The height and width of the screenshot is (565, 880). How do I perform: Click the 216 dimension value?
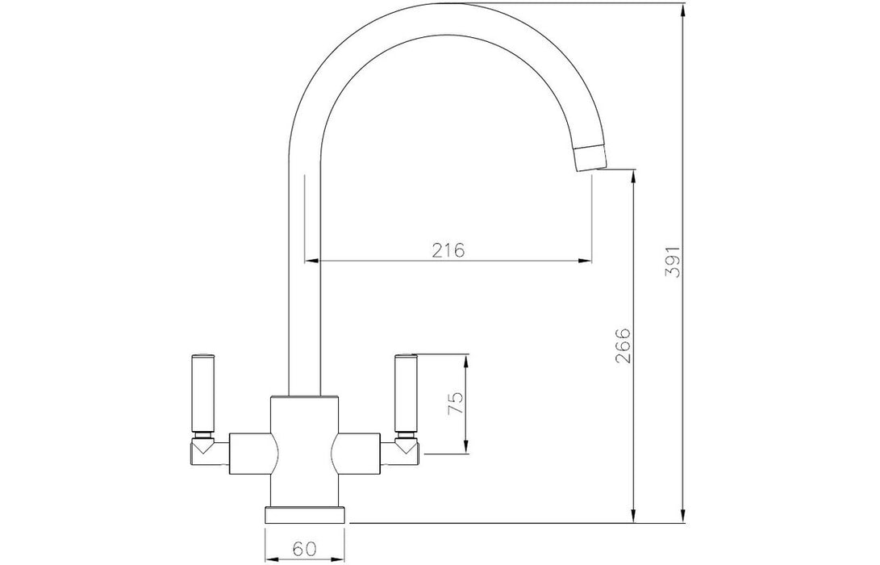click(448, 249)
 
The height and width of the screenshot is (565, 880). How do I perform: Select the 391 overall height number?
click(673, 262)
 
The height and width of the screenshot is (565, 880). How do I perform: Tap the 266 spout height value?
click(624, 346)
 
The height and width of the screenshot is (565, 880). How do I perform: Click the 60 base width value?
click(303, 548)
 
